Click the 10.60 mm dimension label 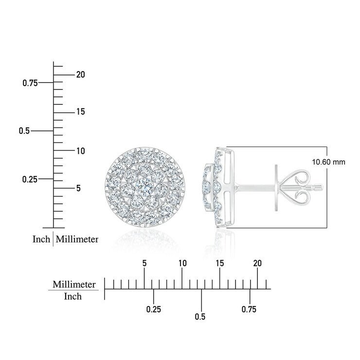click(x=328, y=162)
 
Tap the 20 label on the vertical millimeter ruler click(x=81, y=74)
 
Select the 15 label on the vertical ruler click(x=81, y=112)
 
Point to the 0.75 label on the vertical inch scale click(x=30, y=83)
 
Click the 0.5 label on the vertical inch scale click(x=24, y=131)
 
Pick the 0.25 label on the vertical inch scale click(x=30, y=180)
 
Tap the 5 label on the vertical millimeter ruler click(x=78, y=188)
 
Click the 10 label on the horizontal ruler click(x=182, y=263)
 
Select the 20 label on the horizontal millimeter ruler click(x=257, y=263)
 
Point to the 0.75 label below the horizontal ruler click(x=249, y=309)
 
